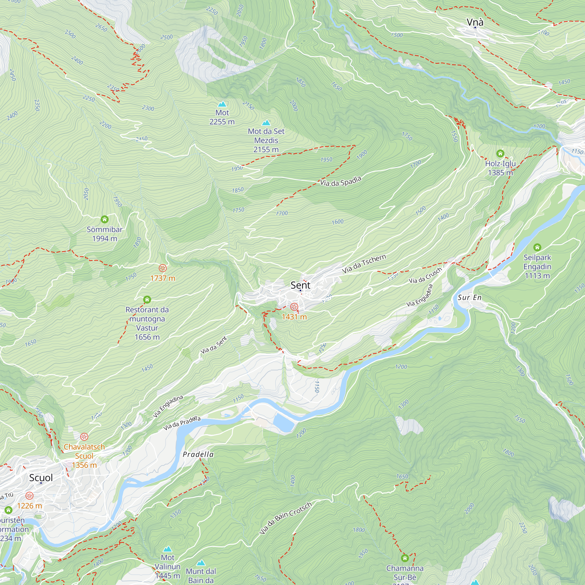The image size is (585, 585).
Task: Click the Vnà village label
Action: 475,22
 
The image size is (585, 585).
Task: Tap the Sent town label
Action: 300,285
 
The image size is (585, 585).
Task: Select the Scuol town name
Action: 41,478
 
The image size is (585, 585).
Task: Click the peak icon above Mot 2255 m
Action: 222,104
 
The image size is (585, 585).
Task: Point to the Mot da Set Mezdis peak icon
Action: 266,123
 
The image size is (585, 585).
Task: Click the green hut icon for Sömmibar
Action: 104,219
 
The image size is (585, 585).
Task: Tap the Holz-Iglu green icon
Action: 500,153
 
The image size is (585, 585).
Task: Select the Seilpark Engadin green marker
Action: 537,247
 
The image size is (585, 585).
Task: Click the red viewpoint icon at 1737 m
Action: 163,268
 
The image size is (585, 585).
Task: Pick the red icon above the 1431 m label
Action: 294,307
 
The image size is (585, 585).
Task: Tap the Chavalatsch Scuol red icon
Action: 84,437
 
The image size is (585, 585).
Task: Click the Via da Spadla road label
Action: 341,181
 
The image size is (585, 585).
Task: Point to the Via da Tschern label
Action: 364,264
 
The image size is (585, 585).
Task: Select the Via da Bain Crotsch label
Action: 285,518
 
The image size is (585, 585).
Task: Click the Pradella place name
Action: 198,454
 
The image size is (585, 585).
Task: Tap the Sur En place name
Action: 469,297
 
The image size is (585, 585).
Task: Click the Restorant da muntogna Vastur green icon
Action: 147,300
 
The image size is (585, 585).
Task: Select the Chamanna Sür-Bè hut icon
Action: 405,558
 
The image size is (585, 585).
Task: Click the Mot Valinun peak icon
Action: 167,549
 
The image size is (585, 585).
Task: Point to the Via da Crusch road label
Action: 425,276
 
